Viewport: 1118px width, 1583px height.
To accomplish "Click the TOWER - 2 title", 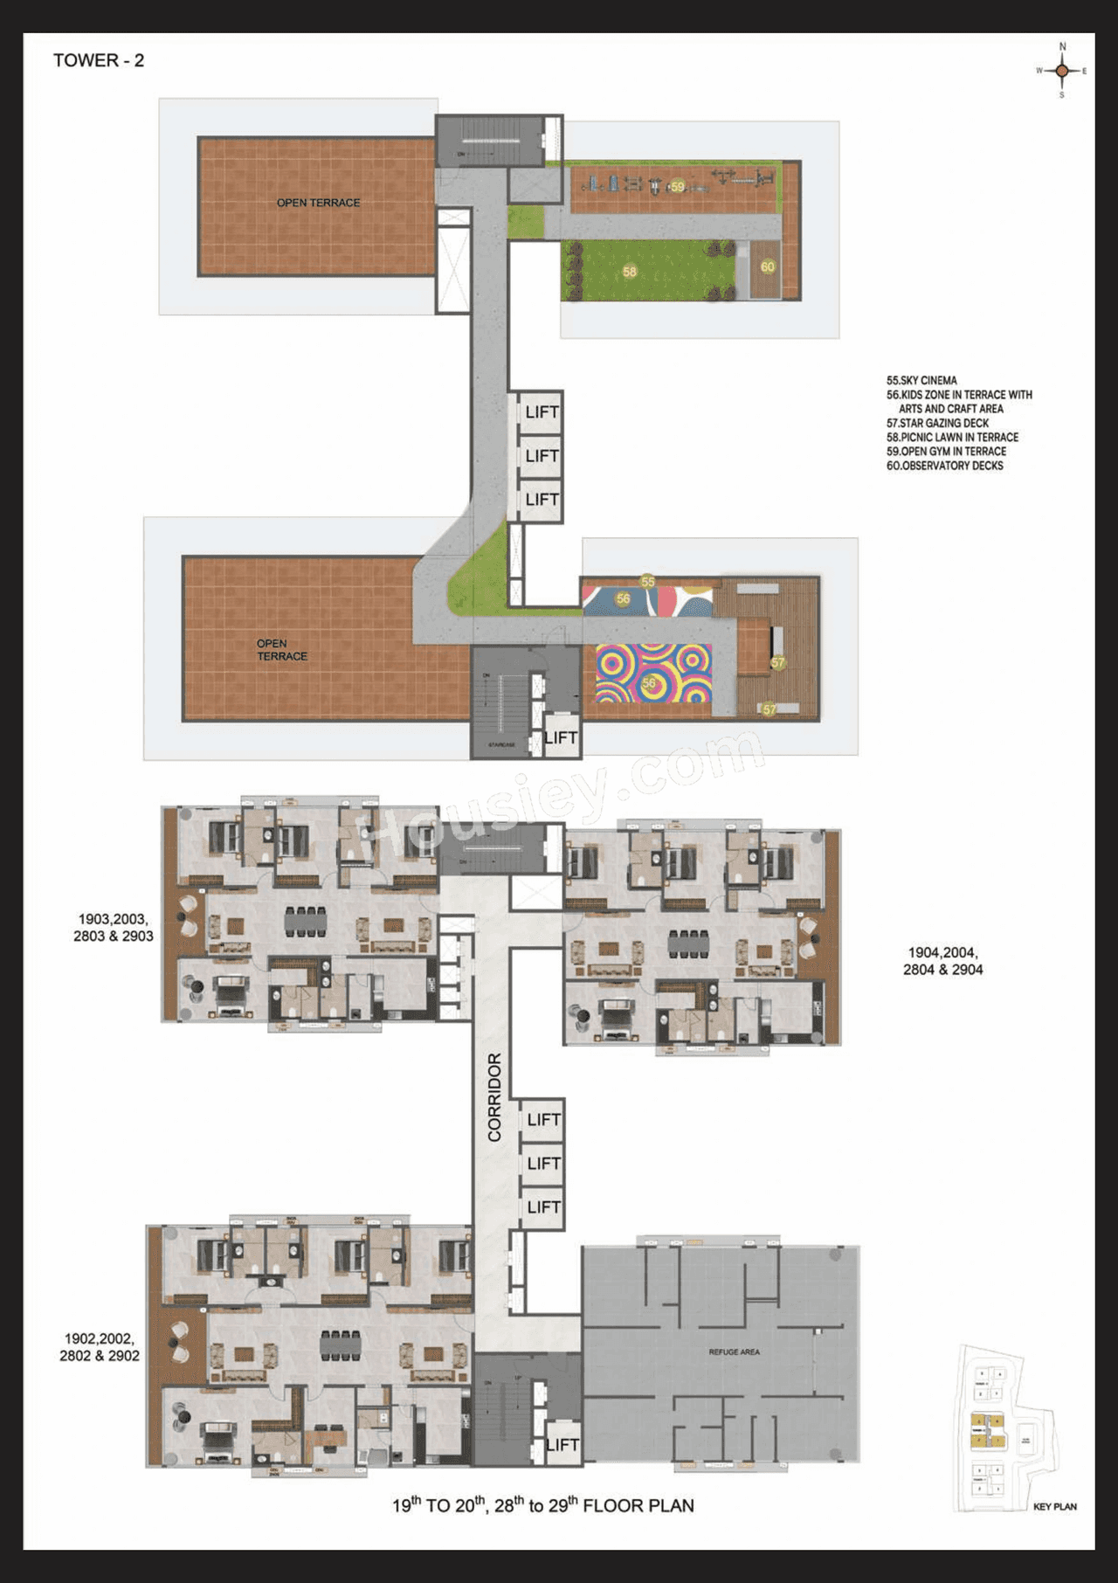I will coord(99,60).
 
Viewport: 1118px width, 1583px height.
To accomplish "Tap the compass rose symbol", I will coord(1061,71).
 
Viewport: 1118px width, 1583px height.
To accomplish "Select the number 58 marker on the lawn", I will coord(630,272).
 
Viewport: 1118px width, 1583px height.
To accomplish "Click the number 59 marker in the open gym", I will coord(678,187).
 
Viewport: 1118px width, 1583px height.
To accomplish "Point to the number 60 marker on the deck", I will coord(768,266).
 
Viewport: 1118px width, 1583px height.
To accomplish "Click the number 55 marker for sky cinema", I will coord(647,582).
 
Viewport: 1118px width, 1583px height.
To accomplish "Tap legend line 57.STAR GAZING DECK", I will coord(937,423).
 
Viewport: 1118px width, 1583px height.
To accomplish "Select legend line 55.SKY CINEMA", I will coord(921,381).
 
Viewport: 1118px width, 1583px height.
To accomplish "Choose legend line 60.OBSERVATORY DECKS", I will coord(944,466).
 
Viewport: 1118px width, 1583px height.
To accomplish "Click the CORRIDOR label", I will coord(494,1097).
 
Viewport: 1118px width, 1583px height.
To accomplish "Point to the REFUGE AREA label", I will coord(734,1351).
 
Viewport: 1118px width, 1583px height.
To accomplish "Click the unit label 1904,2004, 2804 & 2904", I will coord(942,961).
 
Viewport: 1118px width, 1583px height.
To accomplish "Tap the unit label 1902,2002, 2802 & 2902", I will coord(100,1347).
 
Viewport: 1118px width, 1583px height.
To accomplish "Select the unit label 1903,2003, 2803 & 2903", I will coord(114,928).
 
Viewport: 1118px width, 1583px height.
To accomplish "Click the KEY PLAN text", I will coord(1054,1506).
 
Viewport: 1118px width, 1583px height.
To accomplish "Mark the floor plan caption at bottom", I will coord(542,1505).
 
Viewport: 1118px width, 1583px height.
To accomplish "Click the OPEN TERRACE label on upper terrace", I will coord(318,203).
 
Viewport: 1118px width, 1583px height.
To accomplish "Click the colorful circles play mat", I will coord(653,674).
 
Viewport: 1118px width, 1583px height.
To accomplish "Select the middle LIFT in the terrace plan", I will coord(542,456).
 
